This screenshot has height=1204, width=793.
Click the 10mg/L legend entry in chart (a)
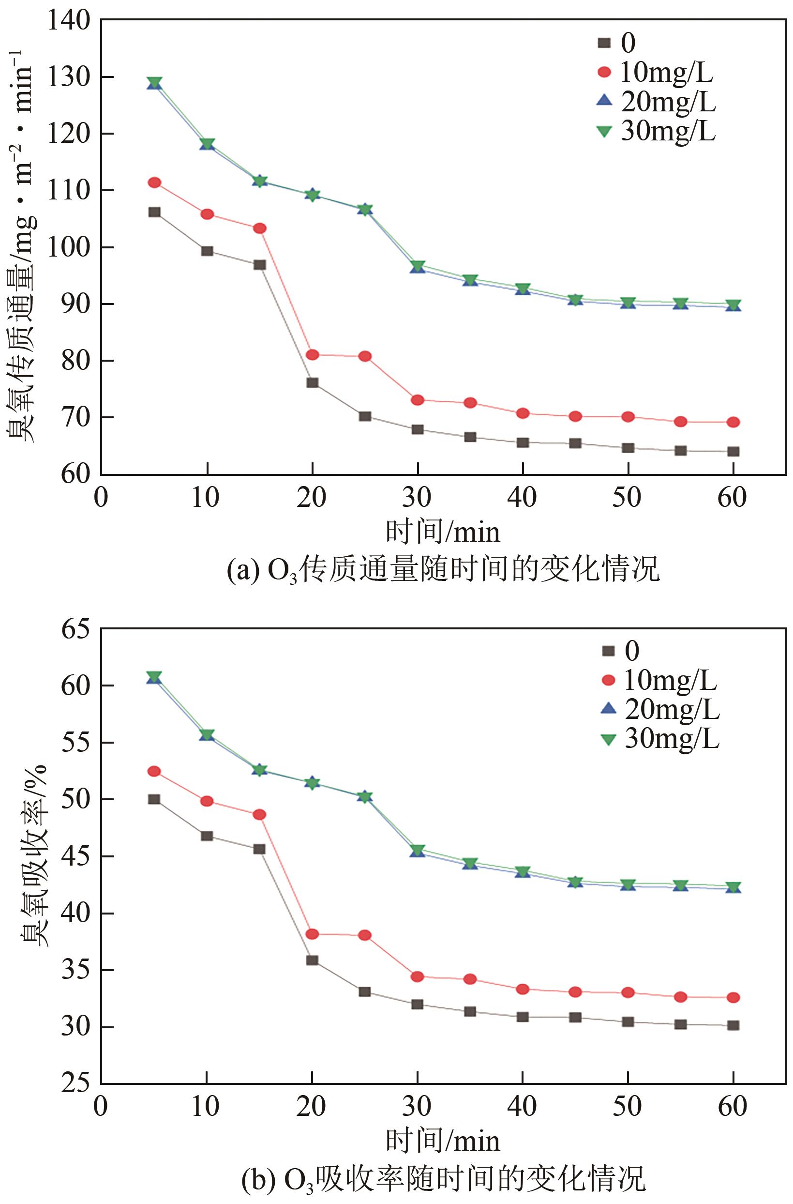[656, 72]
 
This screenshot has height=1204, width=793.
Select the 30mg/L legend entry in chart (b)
[660, 739]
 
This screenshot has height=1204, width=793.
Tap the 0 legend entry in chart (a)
[617, 43]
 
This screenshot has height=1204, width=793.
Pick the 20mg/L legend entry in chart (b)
[660, 709]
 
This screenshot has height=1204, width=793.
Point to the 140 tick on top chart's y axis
[68, 21]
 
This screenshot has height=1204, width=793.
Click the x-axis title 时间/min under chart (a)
[443, 532]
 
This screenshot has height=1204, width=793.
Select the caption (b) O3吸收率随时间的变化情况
[443, 1179]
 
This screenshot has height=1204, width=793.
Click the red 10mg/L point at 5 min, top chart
[154, 183]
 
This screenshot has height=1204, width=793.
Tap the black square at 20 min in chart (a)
[312, 382]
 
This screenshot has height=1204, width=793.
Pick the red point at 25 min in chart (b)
[365, 935]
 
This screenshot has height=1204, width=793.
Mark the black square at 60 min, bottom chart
[733, 1025]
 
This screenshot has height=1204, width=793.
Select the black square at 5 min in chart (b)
[154, 799]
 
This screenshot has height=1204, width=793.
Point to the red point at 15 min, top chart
[259, 228]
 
